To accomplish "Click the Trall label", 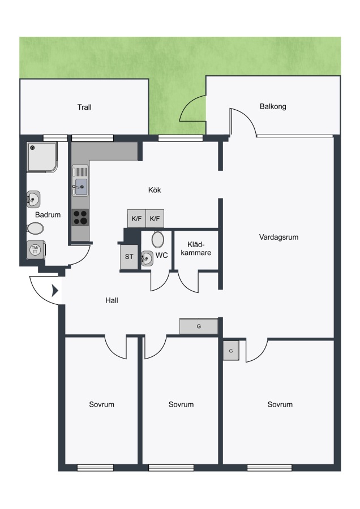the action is [x=84, y=107].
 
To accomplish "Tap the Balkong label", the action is [x=273, y=106].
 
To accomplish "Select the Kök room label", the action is [x=155, y=190].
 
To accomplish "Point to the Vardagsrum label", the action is [x=278, y=238].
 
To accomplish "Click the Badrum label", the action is [x=48, y=214].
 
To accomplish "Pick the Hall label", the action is [x=112, y=301].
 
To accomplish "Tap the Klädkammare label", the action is [x=196, y=249].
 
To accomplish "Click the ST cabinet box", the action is [x=129, y=256].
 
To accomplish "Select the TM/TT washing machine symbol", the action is [x=36, y=249].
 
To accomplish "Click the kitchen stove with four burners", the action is [x=80, y=218].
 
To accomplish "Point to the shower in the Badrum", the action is [x=42, y=157].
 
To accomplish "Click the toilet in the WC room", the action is [x=158, y=239].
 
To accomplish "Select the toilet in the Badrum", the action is [x=35, y=228].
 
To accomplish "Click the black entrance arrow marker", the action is [x=55, y=291].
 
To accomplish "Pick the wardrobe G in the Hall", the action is [x=199, y=326].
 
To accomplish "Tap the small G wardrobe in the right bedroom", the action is [x=231, y=351].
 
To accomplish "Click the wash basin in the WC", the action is [x=147, y=258].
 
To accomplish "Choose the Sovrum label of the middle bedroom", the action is [x=181, y=404].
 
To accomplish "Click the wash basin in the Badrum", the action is [x=33, y=199].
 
